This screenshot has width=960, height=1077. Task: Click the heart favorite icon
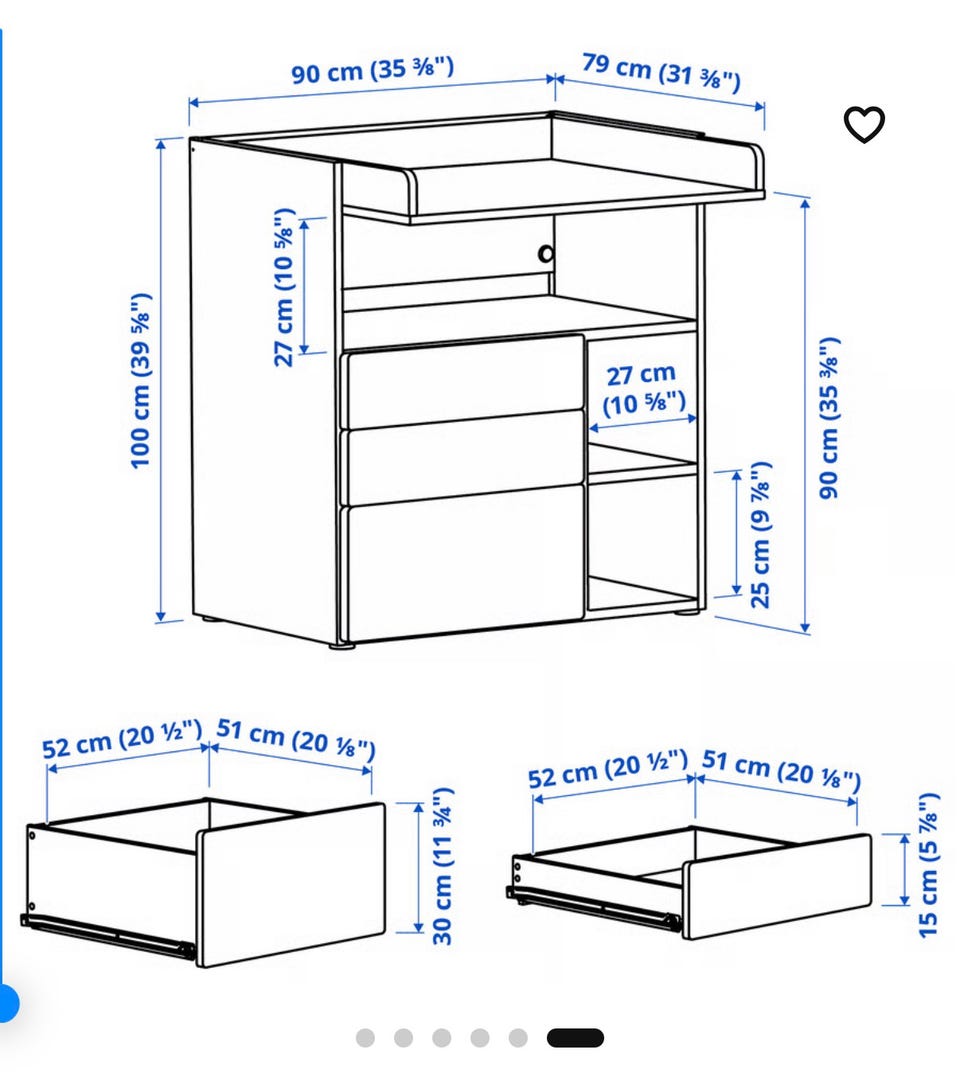pyautogui.click(x=864, y=124)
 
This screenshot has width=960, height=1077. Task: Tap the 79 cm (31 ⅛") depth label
pyautogui.click(x=661, y=71)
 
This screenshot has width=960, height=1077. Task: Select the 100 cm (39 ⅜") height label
pyautogui.click(x=141, y=381)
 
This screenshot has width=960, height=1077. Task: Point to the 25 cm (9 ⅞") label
pyautogui.click(x=760, y=535)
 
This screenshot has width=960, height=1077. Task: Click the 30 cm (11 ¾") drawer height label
pyautogui.click(x=443, y=866)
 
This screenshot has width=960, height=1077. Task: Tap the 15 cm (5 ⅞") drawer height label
pyautogui.click(x=928, y=865)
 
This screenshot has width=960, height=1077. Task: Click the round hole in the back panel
pyautogui.click(x=546, y=254)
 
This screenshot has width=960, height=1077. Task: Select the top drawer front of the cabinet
pyautogui.click(x=465, y=381)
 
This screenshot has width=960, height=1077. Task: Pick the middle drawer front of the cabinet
pyautogui.click(x=465, y=456)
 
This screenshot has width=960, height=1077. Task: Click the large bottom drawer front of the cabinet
pyautogui.click(x=465, y=562)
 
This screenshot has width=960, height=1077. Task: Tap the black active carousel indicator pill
pyautogui.click(x=575, y=1037)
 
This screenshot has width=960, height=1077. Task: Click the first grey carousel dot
pyautogui.click(x=365, y=1037)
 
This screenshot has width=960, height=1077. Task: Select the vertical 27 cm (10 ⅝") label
pyautogui.click(x=284, y=287)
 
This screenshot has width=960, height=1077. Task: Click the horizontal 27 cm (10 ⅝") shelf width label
pyautogui.click(x=642, y=389)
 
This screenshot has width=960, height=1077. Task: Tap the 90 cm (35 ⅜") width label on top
pyautogui.click(x=372, y=70)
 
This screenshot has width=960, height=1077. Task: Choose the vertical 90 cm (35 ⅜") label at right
pyautogui.click(x=830, y=418)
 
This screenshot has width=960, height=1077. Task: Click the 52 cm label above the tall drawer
pyautogui.click(x=122, y=739)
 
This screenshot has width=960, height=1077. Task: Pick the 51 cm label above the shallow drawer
pyautogui.click(x=781, y=770)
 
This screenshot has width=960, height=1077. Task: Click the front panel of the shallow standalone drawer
pyautogui.click(x=777, y=886)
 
